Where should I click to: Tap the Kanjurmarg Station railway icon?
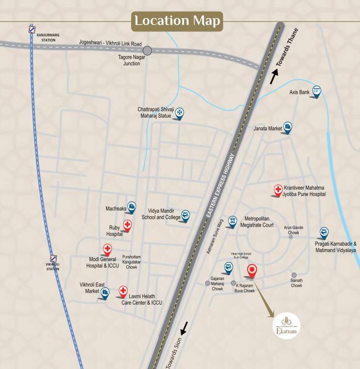point(32,29)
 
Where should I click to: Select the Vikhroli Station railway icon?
point(54,258)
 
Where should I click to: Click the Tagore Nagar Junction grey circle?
point(147,50)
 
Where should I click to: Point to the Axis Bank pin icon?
point(317,91)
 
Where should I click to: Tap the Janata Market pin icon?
point(288,127)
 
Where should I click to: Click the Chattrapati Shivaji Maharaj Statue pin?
point(180,113)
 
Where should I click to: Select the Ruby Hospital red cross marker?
point(127,226)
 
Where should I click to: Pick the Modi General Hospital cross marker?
point(107,249)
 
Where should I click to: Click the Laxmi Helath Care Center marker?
point(123,291)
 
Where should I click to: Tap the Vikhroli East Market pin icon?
point(105,292)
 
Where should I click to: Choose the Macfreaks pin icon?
point(132,207)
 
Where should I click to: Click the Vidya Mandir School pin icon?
point(185,215)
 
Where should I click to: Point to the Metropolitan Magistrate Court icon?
point(232,221)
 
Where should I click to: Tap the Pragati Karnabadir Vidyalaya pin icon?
point(324,232)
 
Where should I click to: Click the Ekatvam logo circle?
point(286,326)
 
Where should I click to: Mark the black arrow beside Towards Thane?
point(275,76)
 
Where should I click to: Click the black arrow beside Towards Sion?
point(184,326)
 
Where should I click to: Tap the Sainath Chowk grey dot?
point(294,275)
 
